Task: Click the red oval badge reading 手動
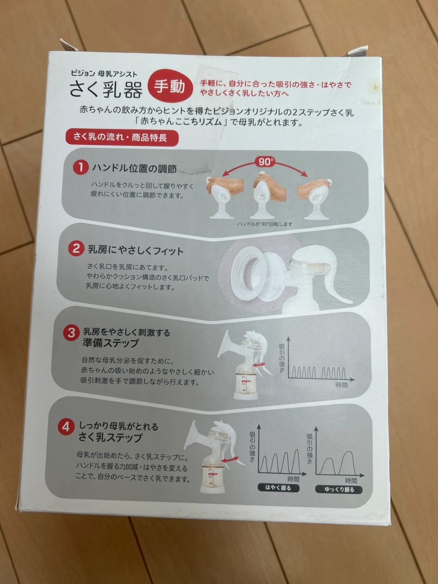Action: pos(170,86)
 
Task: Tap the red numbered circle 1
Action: pos(81,167)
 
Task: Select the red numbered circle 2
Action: pos(76,249)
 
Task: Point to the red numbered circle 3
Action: pos(71,333)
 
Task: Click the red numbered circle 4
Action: pos(66,427)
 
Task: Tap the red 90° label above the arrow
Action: pos(265,162)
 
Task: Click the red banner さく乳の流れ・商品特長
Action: pos(122,137)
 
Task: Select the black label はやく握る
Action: pos(279,487)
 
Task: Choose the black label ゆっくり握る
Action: pos(339,489)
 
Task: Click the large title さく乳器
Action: pos(105,89)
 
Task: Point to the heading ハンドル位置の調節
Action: pos(134,168)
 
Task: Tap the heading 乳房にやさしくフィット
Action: pos(136,250)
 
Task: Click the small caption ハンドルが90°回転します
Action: pos(265,224)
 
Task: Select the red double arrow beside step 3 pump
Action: pos(259,365)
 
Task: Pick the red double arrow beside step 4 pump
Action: pos(230,459)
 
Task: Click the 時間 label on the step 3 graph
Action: pos(341,385)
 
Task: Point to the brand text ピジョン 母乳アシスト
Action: pos(104,74)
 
